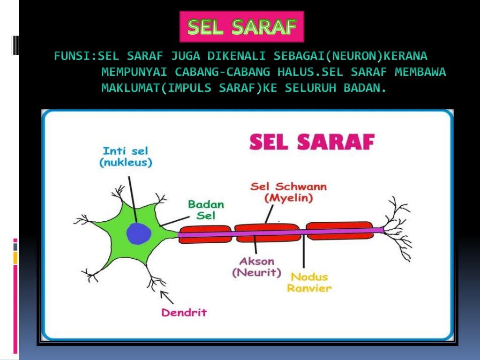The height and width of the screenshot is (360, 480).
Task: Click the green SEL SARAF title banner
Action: point(242,27)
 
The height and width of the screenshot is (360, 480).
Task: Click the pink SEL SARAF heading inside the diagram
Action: point(312,142)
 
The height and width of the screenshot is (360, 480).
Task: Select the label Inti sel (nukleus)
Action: point(126,157)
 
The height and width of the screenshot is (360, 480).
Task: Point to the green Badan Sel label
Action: point(206,210)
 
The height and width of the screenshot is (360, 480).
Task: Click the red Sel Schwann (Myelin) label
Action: point(288,192)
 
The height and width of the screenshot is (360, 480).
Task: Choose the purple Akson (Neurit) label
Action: point(256,266)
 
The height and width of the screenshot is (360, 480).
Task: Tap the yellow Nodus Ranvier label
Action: point(309,282)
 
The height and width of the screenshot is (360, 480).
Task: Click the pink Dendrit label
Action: point(184,312)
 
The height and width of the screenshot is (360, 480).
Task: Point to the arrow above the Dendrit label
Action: point(166,296)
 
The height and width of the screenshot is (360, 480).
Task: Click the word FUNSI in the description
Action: point(71,57)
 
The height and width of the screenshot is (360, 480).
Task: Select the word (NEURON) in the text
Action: point(354,57)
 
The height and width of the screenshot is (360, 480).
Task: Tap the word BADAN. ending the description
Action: point(365,88)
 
